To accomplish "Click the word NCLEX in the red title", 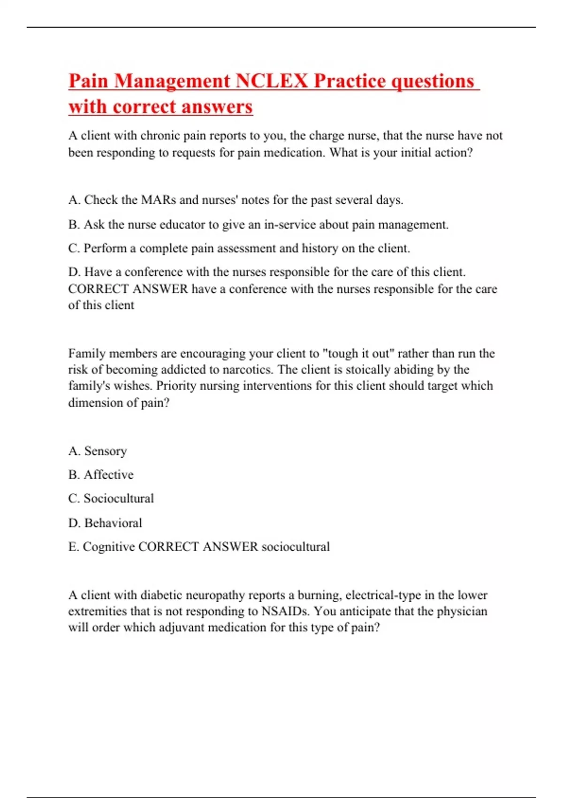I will tap(271, 81).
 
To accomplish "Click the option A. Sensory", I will tap(98, 451).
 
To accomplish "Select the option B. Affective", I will tap(101, 475).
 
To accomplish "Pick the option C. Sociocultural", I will tap(111, 499).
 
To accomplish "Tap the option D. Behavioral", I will tap(105, 523).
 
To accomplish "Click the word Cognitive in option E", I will tap(108, 547).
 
